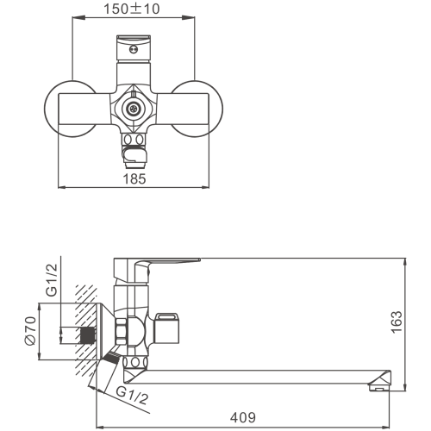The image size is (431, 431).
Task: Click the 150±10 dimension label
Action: [x=131, y=9]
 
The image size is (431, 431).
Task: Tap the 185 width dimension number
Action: [x=134, y=179]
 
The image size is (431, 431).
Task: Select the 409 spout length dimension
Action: [x=243, y=417]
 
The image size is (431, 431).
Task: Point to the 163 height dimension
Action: [x=397, y=322]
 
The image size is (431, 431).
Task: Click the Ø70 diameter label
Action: [x=30, y=331]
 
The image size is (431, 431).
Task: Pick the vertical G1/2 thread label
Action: [x=52, y=280]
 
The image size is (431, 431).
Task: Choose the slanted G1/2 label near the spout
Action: [x=133, y=396]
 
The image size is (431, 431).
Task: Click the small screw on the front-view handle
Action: [x=133, y=50]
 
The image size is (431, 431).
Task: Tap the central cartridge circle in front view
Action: [x=134, y=109]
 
